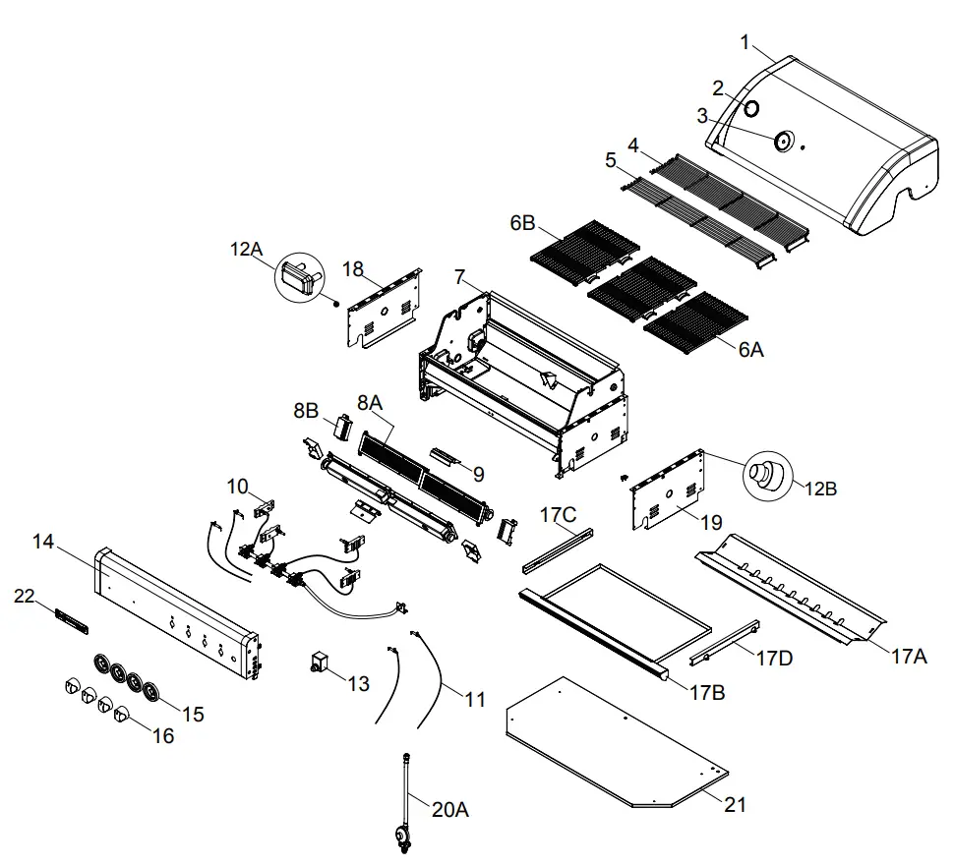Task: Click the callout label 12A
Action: pos(247,251)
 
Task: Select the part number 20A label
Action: pos(449,810)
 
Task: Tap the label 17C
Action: pos(559,514)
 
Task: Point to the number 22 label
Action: pos(25,596)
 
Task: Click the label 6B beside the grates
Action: pos(522,223)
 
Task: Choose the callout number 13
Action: pos(359,683)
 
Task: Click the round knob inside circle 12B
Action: pos(765,475)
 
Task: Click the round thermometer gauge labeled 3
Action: pos(785,142)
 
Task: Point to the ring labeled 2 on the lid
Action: pos(750,108)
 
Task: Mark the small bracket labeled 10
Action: pos(265,507)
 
